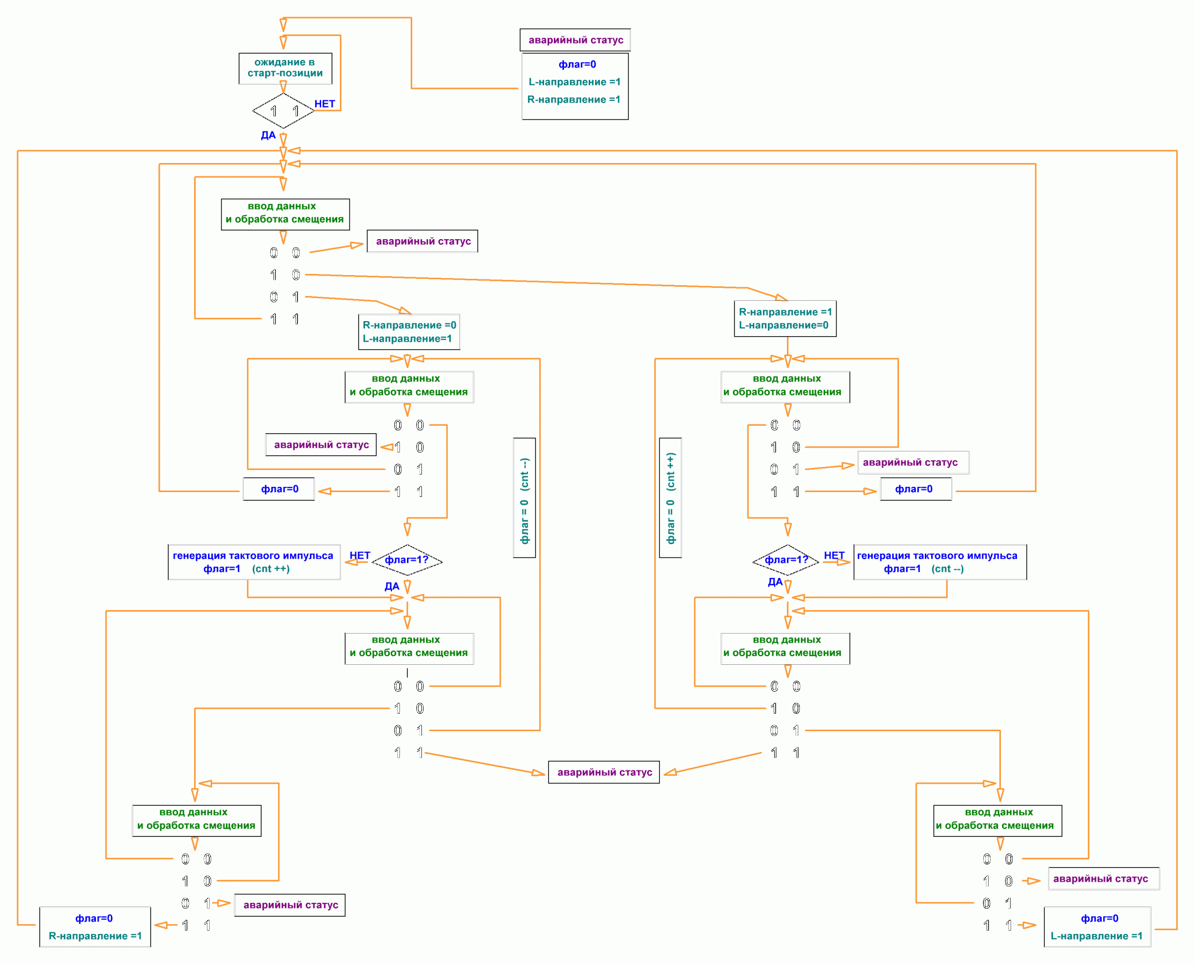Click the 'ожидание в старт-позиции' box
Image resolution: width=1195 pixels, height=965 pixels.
pos(285,68)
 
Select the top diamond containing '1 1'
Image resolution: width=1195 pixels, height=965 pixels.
pos(284,110)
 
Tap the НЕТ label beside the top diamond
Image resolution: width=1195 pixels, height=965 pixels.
pos(324,104)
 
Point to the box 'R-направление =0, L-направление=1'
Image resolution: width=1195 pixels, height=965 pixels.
pos(409,332)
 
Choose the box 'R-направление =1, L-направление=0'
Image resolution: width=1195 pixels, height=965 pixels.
pos(785,318)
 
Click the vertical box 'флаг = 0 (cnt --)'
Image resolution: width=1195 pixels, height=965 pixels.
pos(524,498)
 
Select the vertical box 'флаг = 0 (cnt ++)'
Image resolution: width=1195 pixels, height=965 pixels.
pos(670,498)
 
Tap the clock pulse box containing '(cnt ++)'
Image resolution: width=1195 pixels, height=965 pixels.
pos(254,562)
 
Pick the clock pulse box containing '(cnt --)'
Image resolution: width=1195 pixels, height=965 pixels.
pos(939,562)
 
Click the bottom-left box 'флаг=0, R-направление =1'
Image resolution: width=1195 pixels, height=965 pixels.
pos(95,926)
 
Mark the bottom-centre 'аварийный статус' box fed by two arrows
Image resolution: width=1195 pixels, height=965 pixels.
pos(604,772)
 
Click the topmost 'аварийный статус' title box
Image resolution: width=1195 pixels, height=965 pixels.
pos(575,40)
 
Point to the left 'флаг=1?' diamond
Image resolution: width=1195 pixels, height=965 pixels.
pos(407,560)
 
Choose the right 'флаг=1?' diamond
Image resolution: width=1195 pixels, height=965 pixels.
pos(786,560)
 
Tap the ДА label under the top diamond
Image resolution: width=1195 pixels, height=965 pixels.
pos(268,135)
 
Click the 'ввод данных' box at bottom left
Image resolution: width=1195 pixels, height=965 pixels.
pos(197,820)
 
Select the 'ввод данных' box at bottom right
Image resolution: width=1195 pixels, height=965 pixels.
pos(997,820)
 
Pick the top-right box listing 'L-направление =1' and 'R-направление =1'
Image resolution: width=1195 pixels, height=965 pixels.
pos(575,86)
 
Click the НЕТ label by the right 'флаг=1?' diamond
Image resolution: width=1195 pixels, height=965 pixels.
pos(833,555)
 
